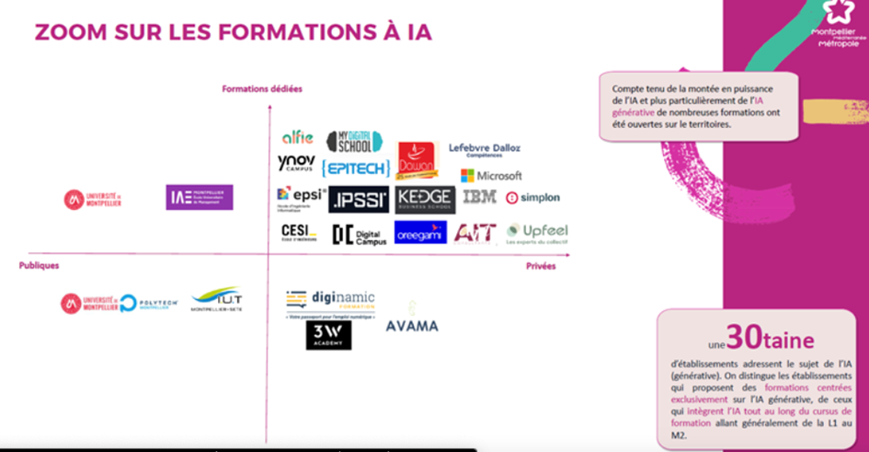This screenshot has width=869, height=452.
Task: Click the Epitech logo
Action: pyautogui.click(x=356, y=168)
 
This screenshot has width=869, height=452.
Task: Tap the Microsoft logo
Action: pyautogui.click(x=491, y=175)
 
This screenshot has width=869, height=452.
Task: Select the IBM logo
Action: pyautogui.click(x=479, y=197)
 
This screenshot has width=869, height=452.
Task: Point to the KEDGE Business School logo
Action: pyautogui.click(x=425, y=199)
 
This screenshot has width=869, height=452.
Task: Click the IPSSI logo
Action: pyautogui.click(x=360, y=200)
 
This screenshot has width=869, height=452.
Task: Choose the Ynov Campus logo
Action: pyautogui.click(x=296, y=164)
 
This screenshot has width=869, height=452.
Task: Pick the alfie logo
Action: pyautogui.click(x=297, y=138)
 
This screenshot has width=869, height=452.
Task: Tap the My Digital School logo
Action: pyautogui.click(x=354, y=141)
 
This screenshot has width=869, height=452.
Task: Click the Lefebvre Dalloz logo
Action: pyautogui.click(x=484, y=148)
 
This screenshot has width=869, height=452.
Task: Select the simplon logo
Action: pyautogui.click(x=533, y=197)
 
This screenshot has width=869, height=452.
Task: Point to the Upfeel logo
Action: pyautogui.click(x=537, y=232)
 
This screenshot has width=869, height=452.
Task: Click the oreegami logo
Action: pyautogui.click(x=420, y=233)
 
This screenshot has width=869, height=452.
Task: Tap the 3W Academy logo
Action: pyautogui.click(x=328, y=334)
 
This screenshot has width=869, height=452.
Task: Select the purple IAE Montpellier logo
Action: pyautogui.click(x=200, y=197)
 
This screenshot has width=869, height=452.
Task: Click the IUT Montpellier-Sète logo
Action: pyautogui.click(x=215, y=299)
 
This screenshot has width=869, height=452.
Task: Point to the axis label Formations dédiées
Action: pyautogui.click(x=262, y=88)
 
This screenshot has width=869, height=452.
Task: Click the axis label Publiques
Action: pyautogui.click(x=39, y=265)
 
